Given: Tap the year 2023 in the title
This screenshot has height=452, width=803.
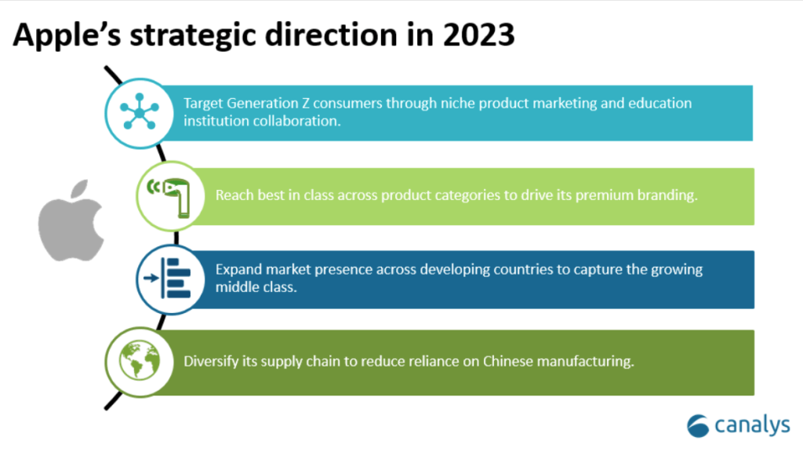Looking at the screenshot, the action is [478, 35].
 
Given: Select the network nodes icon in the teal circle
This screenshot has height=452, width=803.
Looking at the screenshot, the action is [140, 111].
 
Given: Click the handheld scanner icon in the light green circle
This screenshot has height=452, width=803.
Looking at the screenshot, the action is [170, 197].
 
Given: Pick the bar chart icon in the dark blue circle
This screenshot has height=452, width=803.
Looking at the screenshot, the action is [168, 279].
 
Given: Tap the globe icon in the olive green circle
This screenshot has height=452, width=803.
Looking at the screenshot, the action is [140, 360].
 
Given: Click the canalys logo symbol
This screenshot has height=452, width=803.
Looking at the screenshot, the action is [697, 426].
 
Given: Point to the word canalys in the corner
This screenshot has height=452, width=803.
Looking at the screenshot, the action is [752, 425].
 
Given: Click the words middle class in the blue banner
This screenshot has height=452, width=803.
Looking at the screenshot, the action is [256, 287].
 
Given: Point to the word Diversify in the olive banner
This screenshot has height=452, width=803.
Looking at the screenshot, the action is [210, 362].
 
